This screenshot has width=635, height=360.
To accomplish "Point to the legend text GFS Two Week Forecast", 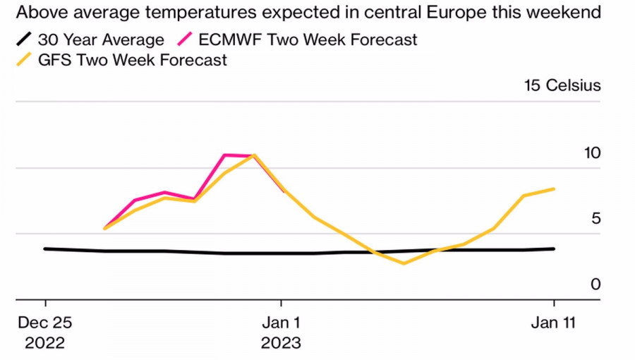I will (x=131, y=60).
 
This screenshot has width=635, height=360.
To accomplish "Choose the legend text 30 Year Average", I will (x=101, y=40).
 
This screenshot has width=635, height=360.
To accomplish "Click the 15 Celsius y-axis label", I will (x=562, y=86).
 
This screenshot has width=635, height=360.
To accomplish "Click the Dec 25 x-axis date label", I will (x=45, y=323).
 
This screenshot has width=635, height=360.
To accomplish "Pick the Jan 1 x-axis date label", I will (x=281, y=323).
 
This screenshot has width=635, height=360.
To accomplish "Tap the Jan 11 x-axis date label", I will (x=554, y=323).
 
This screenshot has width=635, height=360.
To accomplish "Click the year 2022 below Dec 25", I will (x=45, y=344).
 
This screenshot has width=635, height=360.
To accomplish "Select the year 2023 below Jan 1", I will (x=281, y=344).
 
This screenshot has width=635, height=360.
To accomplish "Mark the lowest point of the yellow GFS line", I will (x=404, y=263).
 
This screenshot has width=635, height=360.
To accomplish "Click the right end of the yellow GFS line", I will (x=554, y=189).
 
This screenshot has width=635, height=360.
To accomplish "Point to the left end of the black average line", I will (x=45, y=248).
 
